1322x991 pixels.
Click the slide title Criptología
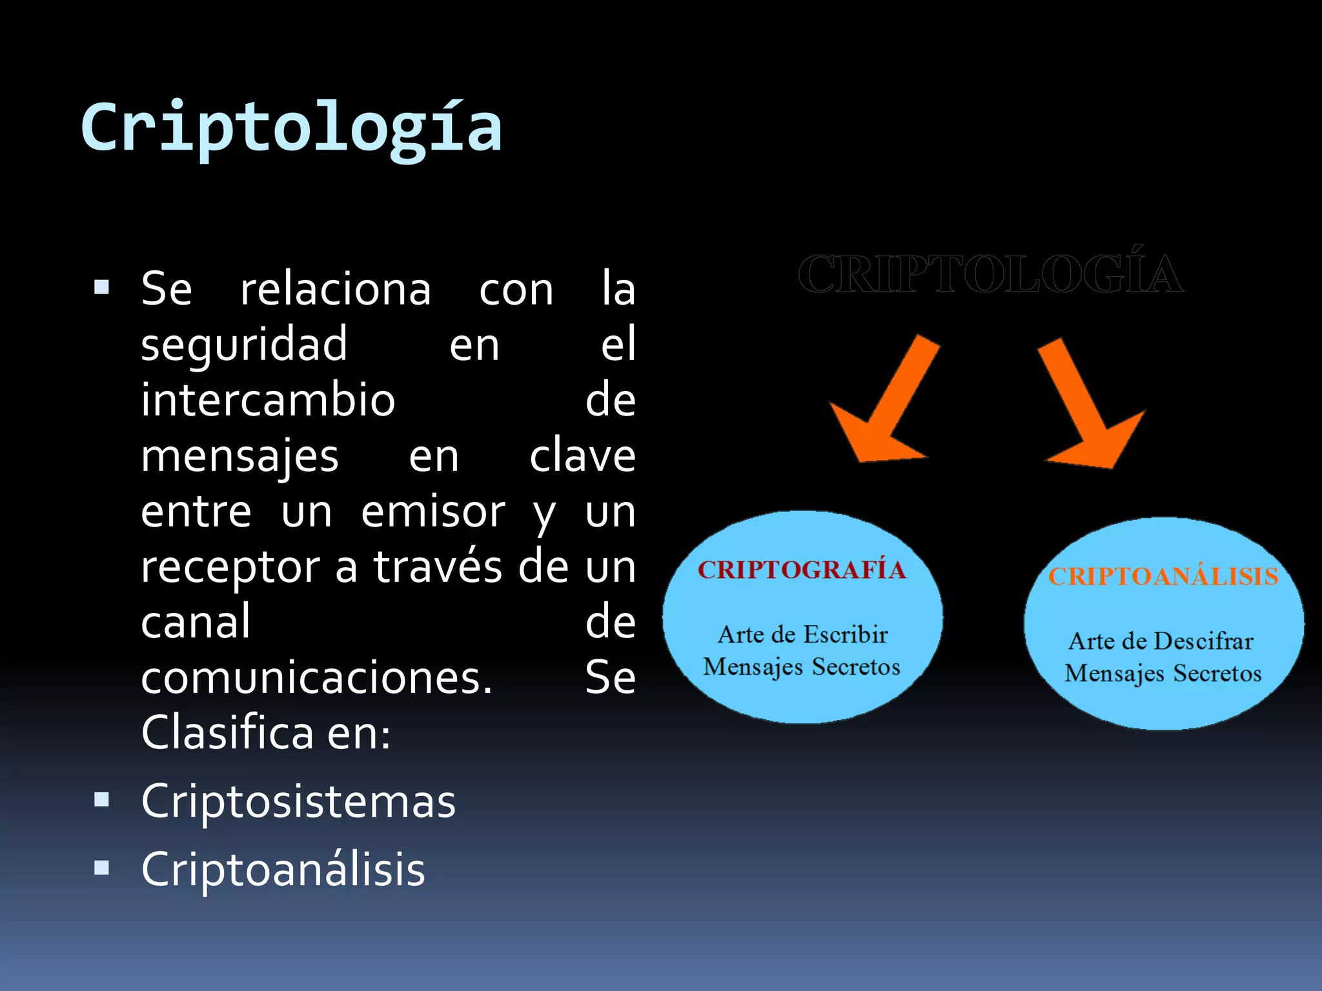click(x=291, y=129)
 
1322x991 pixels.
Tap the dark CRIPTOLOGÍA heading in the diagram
click(x=990, y=274)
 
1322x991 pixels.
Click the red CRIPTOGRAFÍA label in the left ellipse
click(x=802, y=570)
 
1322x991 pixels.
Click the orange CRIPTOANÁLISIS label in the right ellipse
click(x=1163, y=577)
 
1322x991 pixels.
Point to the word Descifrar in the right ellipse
click(x=1203, y=641)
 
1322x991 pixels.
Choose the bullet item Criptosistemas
click(x=298, y=801)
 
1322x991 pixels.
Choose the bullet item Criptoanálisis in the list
click(x=283, y=870)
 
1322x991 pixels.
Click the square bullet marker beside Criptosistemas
click(x=101, y=800)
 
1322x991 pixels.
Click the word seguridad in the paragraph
click(x=244, y=345)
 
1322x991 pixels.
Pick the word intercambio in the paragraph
click(x=268, y=400)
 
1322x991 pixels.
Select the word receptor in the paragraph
click(x=230, y=568)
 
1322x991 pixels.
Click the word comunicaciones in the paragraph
click(x=316, y=679)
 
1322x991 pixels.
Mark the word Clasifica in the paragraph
click(x=227, y=734)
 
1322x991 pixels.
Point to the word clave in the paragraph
click(x=582, y=456)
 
